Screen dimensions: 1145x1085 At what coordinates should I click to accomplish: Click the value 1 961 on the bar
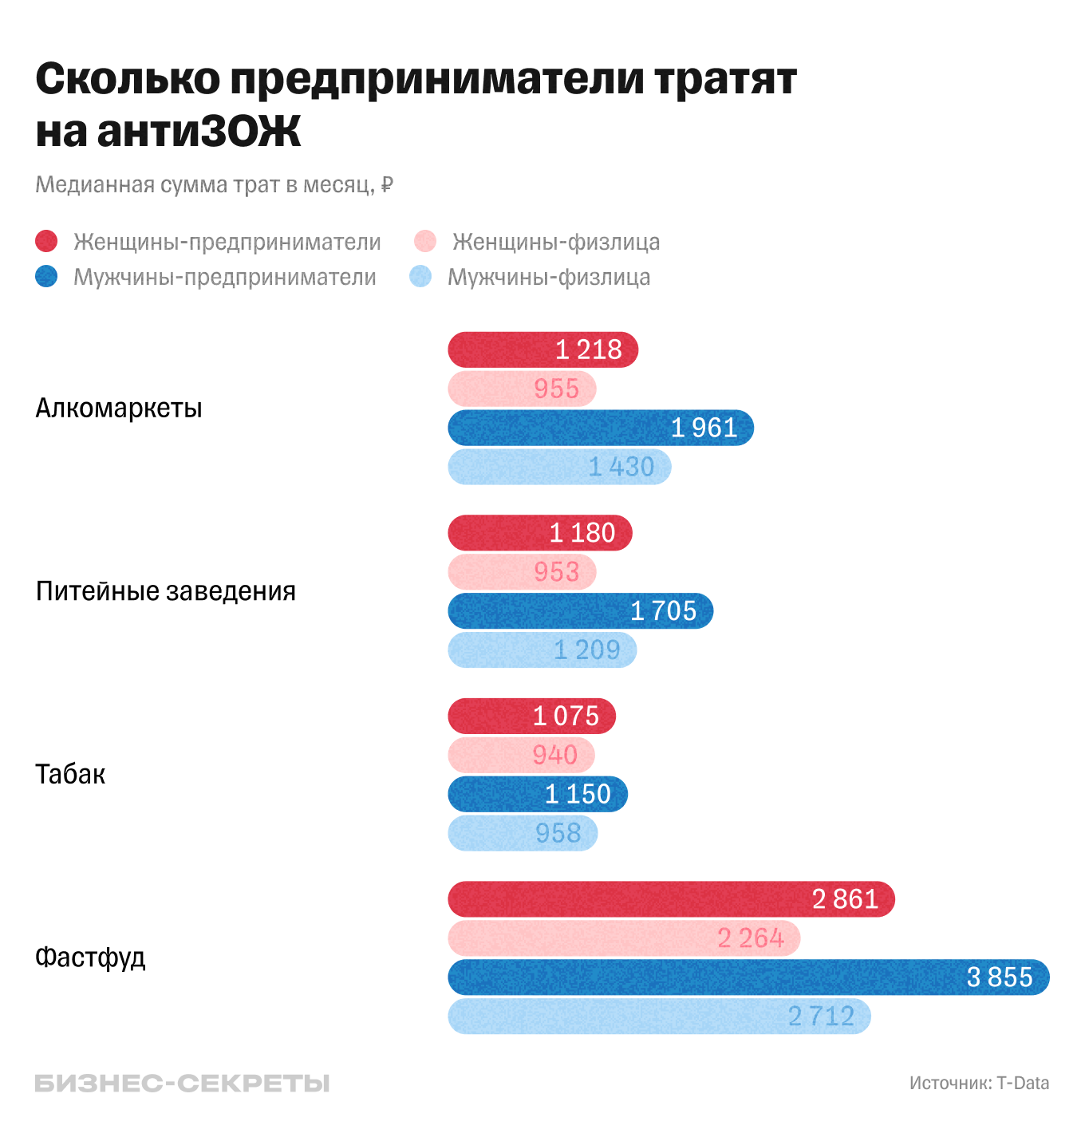pyautogui.click(x=704, y=428)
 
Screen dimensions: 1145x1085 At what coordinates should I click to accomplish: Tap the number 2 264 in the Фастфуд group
pyautogui.click(x=750, y=938)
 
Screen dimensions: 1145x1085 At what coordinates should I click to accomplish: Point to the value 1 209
pyautogui.click(x=587, y=650)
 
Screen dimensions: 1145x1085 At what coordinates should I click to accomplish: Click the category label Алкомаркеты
pyautogui.click(x=119, y=409)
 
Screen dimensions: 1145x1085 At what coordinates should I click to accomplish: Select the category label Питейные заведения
pyautogui.click(x=166, y=591)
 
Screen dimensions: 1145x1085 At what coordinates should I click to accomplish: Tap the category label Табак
pyautogui.click(x=70, y=775)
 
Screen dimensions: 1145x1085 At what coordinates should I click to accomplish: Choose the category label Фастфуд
pyautogui.click(x=90, y=957)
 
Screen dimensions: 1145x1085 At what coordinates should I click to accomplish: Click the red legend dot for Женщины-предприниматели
pyautogui.click(x=47, y=242)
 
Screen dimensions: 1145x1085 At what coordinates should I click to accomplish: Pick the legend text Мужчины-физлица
pyautogui.click(x=549, y=278)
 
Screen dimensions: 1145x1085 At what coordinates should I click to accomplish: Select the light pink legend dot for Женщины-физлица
pyautogui.click(x=425, y=242)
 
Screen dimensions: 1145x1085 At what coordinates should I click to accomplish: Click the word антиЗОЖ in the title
pyautogui.click(x=199, y=132)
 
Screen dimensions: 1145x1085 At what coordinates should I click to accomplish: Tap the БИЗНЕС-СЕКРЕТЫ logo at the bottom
pyautogui.click(x=182, y=1084)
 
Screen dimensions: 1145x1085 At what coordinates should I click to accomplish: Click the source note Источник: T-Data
pyautogui.click(x=979, y=1084)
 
